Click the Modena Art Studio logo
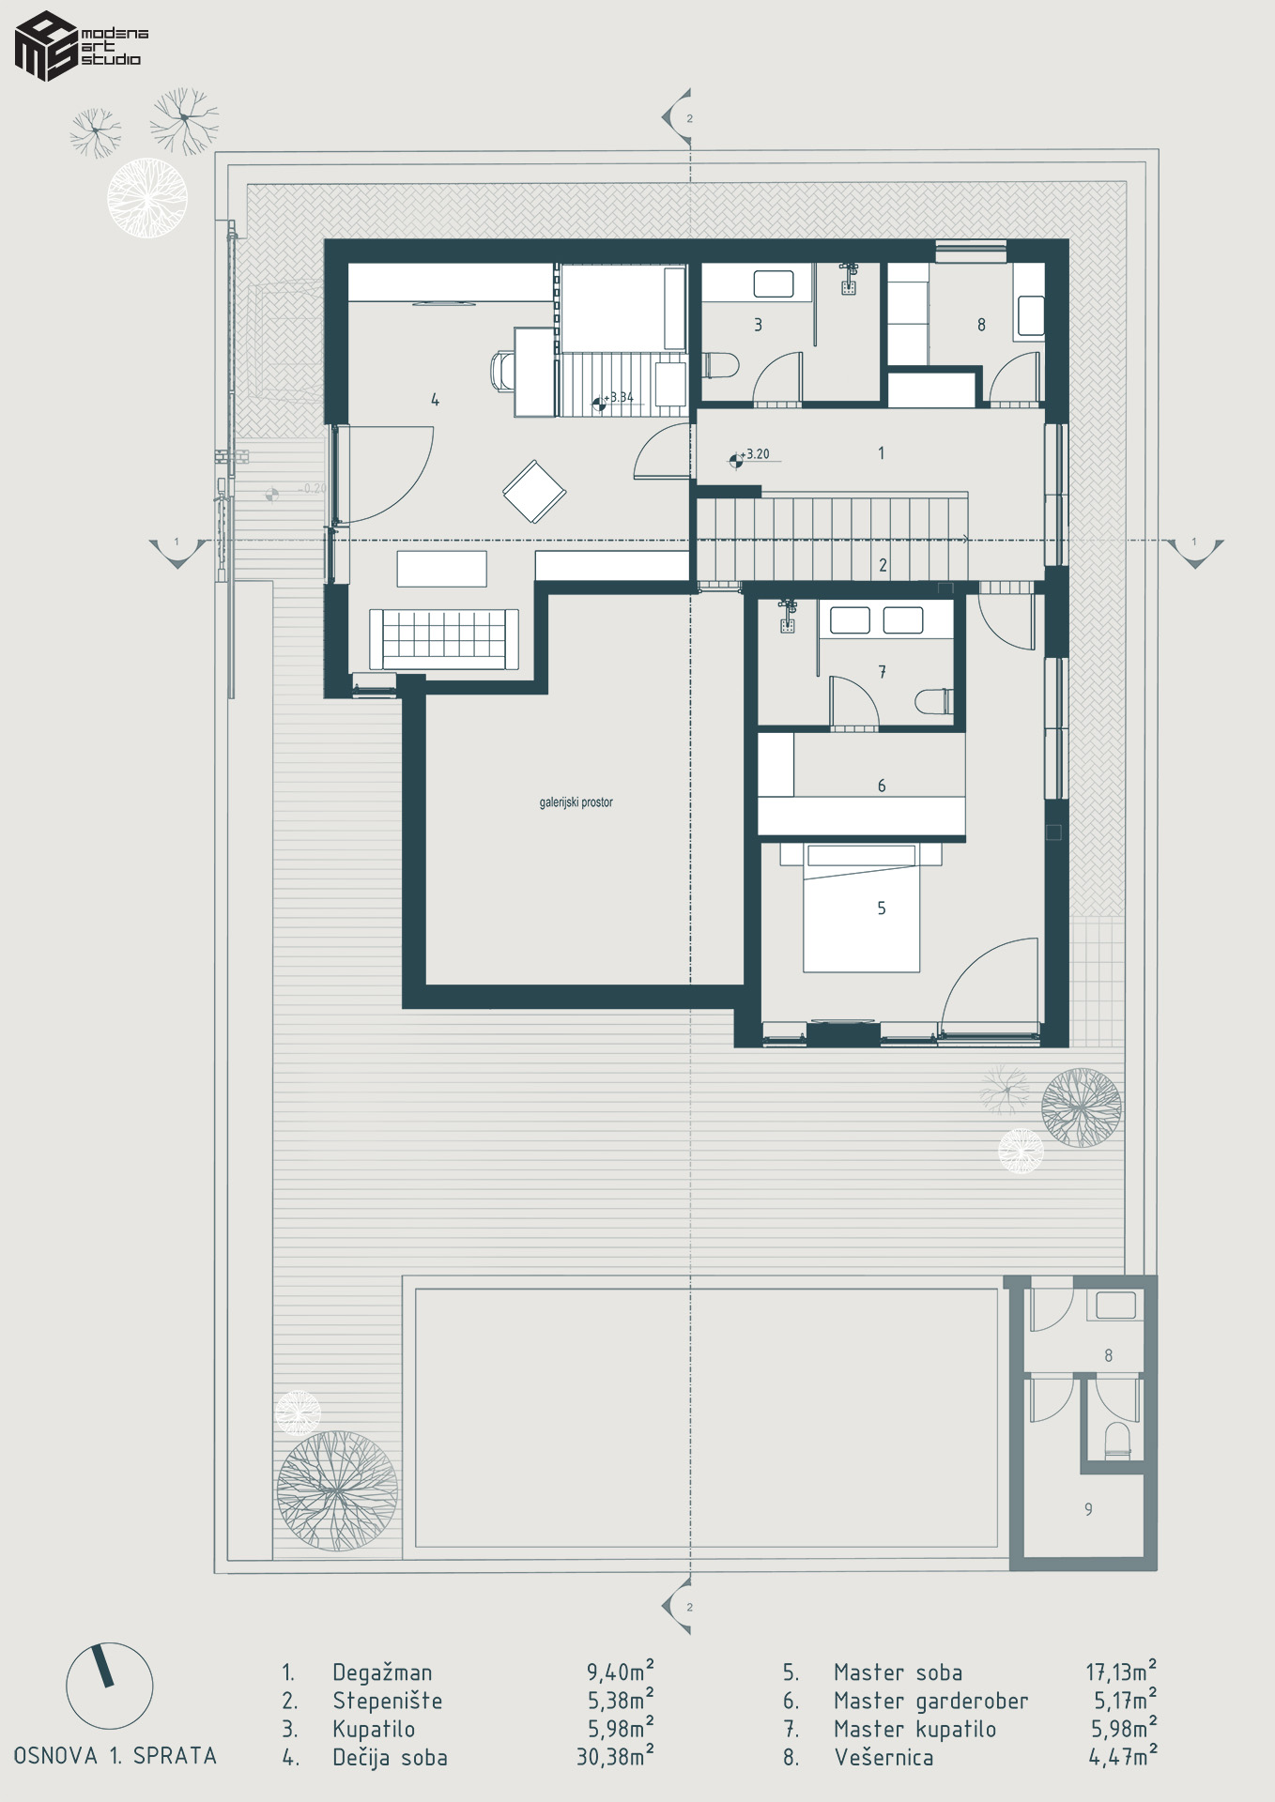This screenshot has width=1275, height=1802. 81,46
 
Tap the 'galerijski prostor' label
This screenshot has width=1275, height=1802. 576,802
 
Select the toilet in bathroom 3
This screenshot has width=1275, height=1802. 720,364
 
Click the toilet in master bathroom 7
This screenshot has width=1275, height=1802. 935,701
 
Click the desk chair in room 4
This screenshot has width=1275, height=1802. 503,370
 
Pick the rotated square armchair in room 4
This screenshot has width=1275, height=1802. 534,491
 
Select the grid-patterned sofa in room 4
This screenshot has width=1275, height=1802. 443,639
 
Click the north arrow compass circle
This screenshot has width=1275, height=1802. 109,1686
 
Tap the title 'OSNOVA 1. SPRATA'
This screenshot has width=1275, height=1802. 115,1756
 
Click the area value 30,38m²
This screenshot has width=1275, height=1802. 615,1756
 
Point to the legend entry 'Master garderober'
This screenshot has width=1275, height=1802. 930,1701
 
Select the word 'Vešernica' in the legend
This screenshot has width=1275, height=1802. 883,1757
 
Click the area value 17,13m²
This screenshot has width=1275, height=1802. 1121,1672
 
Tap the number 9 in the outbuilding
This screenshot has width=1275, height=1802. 1088,1509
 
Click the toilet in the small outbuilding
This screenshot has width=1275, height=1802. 1117,1440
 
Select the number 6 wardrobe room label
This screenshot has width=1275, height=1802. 882,786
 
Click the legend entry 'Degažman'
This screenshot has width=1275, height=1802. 382,1672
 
